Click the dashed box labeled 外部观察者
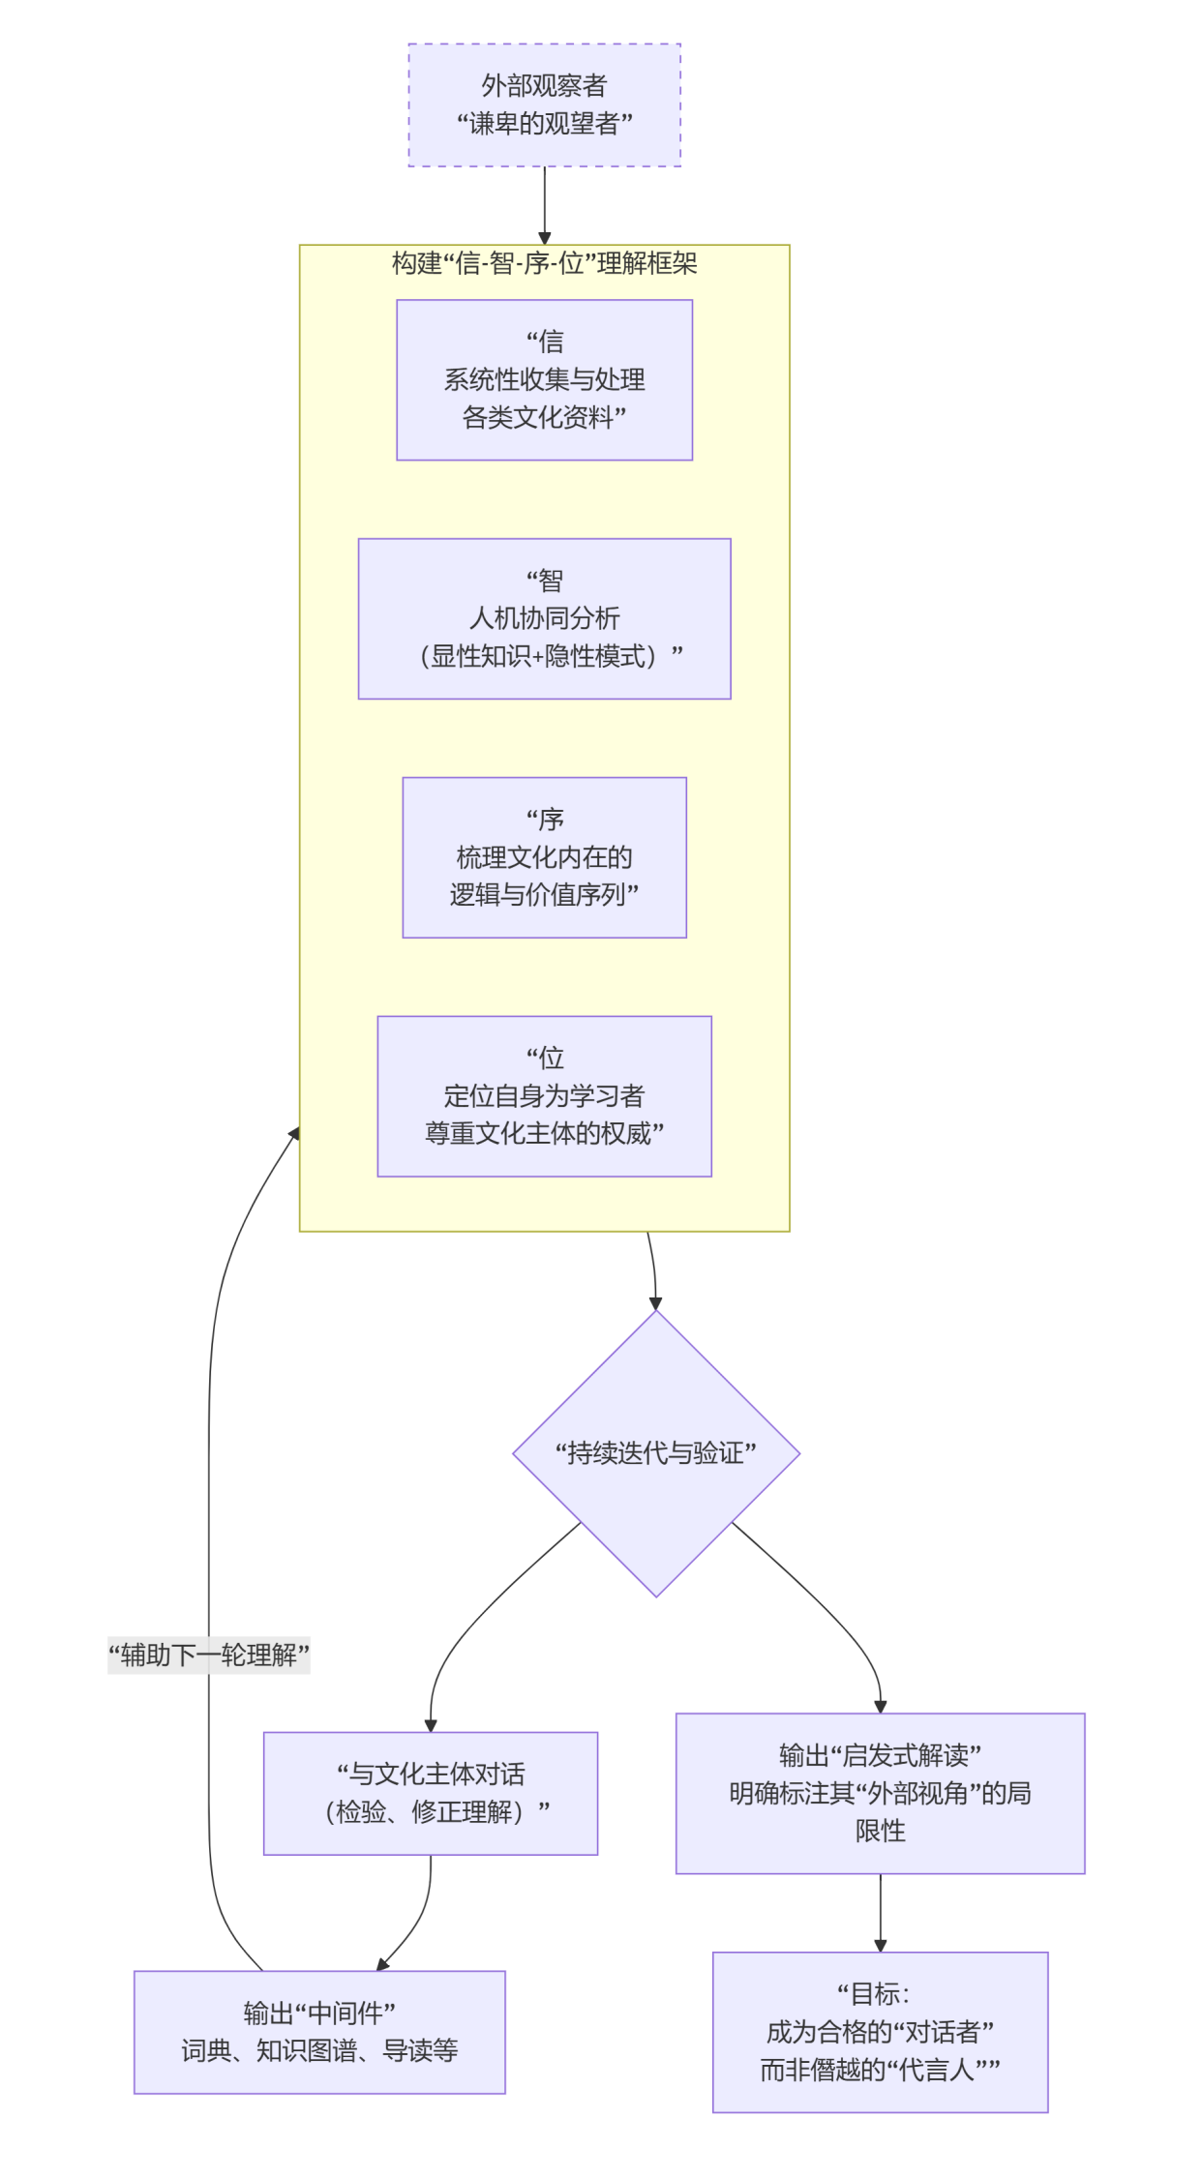pyautogui.click(x=544, y=104)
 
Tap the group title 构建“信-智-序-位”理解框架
pyautogui.click(x=544, y=263)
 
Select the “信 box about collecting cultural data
pyautogui.click(x=544, y=379)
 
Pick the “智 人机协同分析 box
pyautogui.click(x=544, y=618)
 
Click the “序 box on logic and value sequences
pyautogui.click(x=544, y=857)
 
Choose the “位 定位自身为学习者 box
pyautogui.click(x=544, y=1095)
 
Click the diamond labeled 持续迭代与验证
pyautogui.click(x=655, y=1453)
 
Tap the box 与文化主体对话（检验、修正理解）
pyautogui.click(x=431, y=1793)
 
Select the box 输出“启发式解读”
pyautogui.click(x=880, y=1793)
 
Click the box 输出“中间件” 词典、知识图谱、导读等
pyautogui.click(x=319, y=2032)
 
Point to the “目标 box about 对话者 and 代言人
pyautogui.click(x=880, y=2032)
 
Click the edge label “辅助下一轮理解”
pyautogui.click(x=209, y=1655)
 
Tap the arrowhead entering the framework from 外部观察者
pyautogui.click(x=544, y=238)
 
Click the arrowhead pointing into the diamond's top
pyautogui.click(x=655, y=1303)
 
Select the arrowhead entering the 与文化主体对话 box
pyautogui.click(x=431, y=1725)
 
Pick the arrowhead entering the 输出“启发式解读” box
pyautogui.click(x=880, y=1707)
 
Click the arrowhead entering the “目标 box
pyautogui.click(x=880, y=1946)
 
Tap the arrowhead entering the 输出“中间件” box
pyautogui.click(x=382, y=1963)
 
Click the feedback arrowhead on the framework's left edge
pyautogui.click(x=294, y=1133)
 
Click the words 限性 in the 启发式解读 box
pyautogui.click(x=880, y=1831)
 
